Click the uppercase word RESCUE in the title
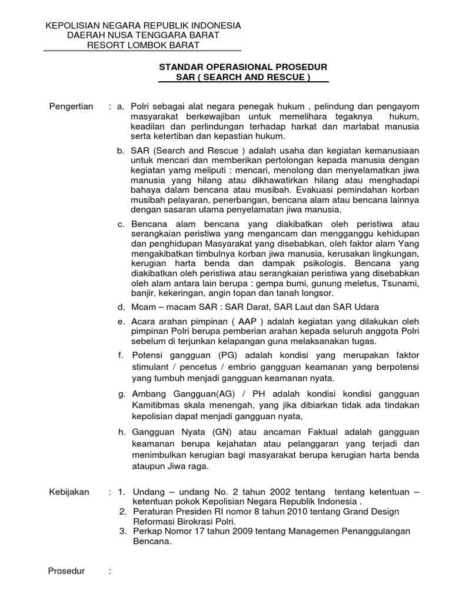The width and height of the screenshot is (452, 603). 285,77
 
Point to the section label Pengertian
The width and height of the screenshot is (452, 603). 70,107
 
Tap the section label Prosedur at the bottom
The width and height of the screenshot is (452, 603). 66,571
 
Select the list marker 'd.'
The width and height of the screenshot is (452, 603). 121,307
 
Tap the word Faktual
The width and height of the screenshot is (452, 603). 294,432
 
